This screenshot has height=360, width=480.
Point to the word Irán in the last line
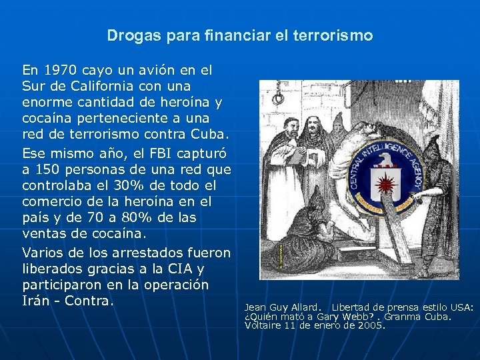37,302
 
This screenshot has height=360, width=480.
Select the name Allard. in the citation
307,307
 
